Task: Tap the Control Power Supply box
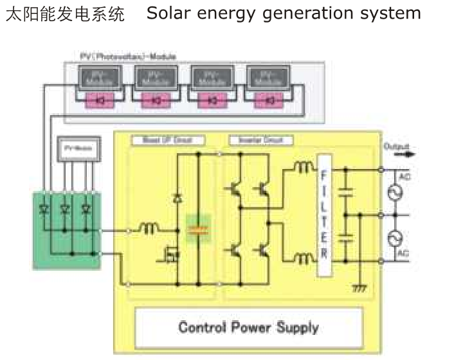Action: [x=248, y=327]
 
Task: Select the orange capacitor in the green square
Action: [x=197, y=230]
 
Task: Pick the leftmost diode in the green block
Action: [x=45, y=209]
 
